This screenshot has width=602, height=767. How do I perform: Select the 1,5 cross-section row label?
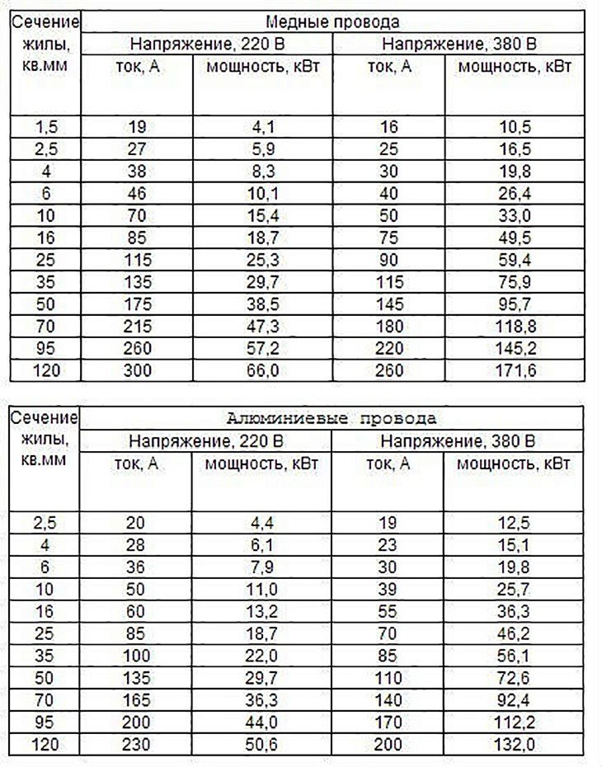tap(46, 127)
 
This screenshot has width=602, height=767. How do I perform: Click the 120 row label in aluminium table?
tap(46, 746)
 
